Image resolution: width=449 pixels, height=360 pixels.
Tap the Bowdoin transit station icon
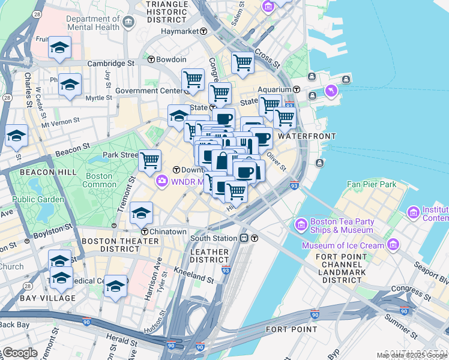[151, 59]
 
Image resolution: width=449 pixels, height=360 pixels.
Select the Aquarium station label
[274, 89]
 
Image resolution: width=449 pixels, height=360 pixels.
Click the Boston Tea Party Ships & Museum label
[342, 226]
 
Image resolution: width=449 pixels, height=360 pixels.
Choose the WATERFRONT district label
[306, 136]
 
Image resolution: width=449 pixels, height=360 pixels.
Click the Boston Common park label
[99, 180]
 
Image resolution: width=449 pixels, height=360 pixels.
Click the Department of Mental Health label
[93, 23]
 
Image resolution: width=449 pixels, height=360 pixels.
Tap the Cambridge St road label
[110, 63]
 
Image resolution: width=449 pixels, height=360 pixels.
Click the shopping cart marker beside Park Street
[149, 160]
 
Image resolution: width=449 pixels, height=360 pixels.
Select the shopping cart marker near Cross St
[243, 62]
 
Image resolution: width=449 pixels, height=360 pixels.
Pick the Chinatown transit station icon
[145, 232]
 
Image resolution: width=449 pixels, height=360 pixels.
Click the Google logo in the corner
[19, 353]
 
